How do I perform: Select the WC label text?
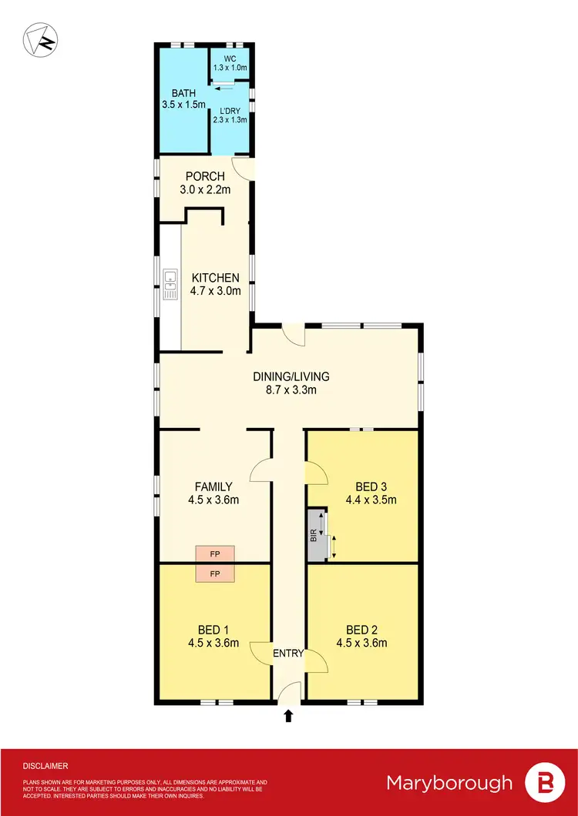[230, 58]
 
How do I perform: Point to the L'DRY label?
[230, 111]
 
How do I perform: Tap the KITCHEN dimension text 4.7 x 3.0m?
[216, 291]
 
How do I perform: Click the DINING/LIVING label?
[291, 376]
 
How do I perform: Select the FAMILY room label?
[213, 487]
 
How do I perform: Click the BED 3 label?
[371, 487]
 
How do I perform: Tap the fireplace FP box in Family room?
[215, 553]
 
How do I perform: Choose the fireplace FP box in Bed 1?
[215, 574]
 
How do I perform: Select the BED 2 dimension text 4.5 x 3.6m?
[361, 644]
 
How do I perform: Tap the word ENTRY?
[289, 654]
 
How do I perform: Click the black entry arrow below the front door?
[289, 716]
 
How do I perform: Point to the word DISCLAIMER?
[45, 766]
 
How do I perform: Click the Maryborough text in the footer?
[449, 784]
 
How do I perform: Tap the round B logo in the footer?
[542, 784]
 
